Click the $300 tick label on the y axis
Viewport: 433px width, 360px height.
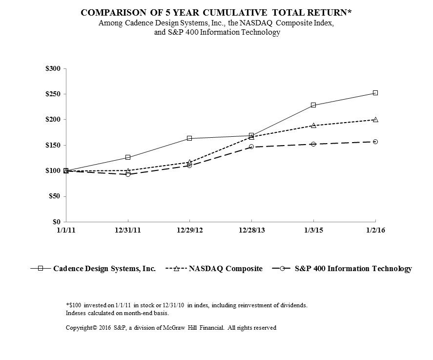point(52,68)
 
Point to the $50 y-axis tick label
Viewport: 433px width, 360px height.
point(54,196)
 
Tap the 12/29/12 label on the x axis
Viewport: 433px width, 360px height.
point(189,231)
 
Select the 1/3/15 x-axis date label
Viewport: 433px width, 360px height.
point(313,231)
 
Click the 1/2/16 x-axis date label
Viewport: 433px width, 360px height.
point(375,231)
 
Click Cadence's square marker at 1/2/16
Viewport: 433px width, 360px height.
point(375,93)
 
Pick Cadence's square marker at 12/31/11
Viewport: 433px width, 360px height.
point(128,157)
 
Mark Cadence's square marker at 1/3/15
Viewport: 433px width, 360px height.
point(313,105)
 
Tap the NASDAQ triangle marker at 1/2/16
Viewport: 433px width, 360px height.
point(375,119)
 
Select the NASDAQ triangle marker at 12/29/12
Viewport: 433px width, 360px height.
point(189,162)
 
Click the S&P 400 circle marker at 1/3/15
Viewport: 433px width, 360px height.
point(313,144)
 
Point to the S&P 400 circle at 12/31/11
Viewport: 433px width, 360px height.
point(128,174)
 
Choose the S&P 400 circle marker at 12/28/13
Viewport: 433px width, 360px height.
point(251,147)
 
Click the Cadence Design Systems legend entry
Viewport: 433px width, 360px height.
point(104,269)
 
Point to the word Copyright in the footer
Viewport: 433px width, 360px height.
point(81,328)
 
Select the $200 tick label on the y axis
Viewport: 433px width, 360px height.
point(52,120)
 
